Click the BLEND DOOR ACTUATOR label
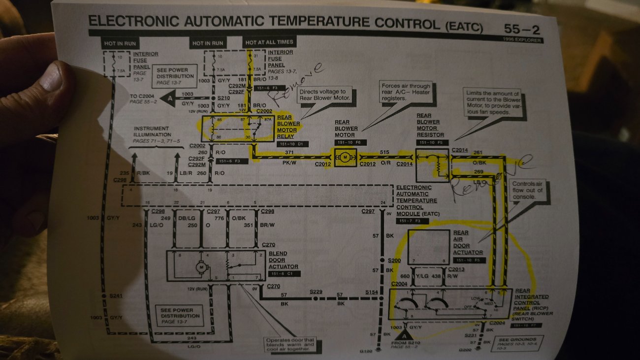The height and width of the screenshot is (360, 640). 283,260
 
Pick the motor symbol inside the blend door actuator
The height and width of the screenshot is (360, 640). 201,267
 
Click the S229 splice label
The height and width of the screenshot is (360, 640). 316,292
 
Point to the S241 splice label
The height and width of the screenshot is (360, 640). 116,295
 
